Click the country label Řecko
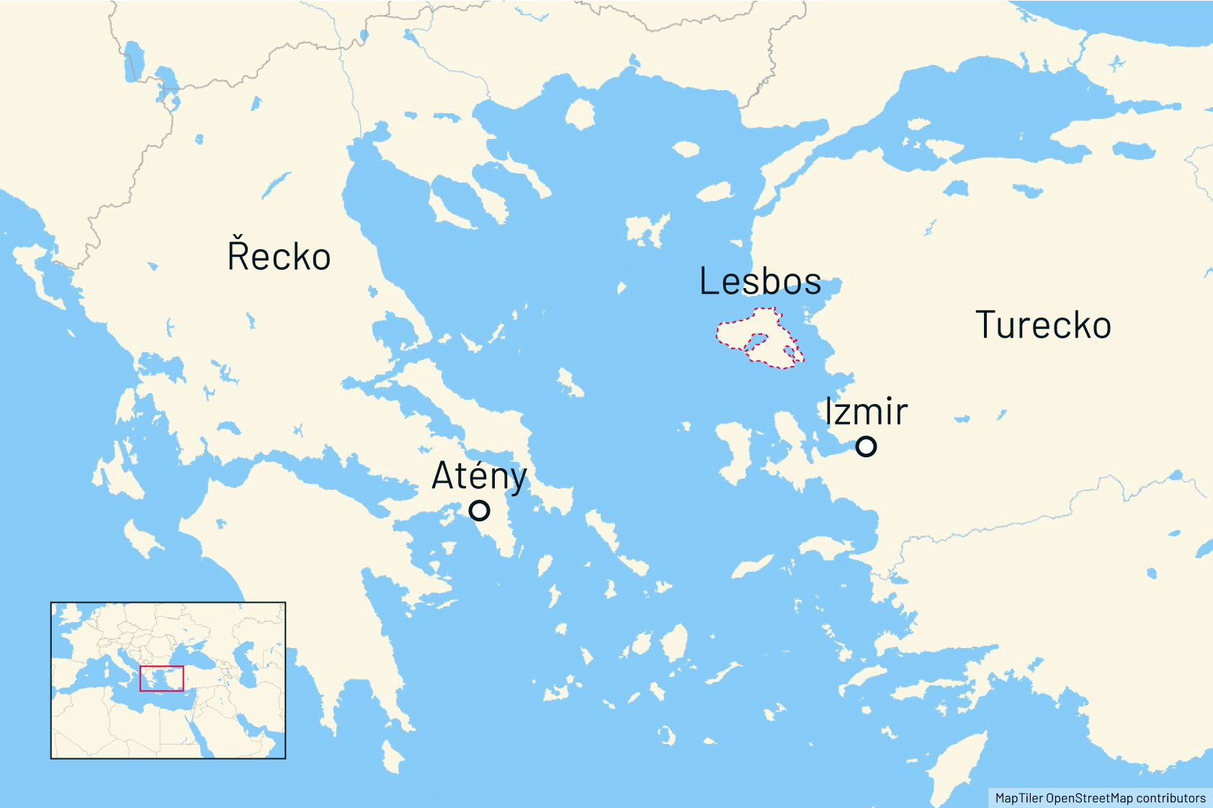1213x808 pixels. pos(279,256)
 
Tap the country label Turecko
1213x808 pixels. pos(1043,325)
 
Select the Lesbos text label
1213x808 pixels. pos(760,281)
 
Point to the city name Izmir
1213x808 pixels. pos(866,412)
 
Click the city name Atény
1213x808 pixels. pos(479,476)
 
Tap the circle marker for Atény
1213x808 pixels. pos(479,511)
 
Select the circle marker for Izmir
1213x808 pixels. pos(866,446)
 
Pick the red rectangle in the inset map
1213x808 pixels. pos(161,678)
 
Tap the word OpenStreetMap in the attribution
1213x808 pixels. pos(1090,798)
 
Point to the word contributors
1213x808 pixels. pos(1171,798)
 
